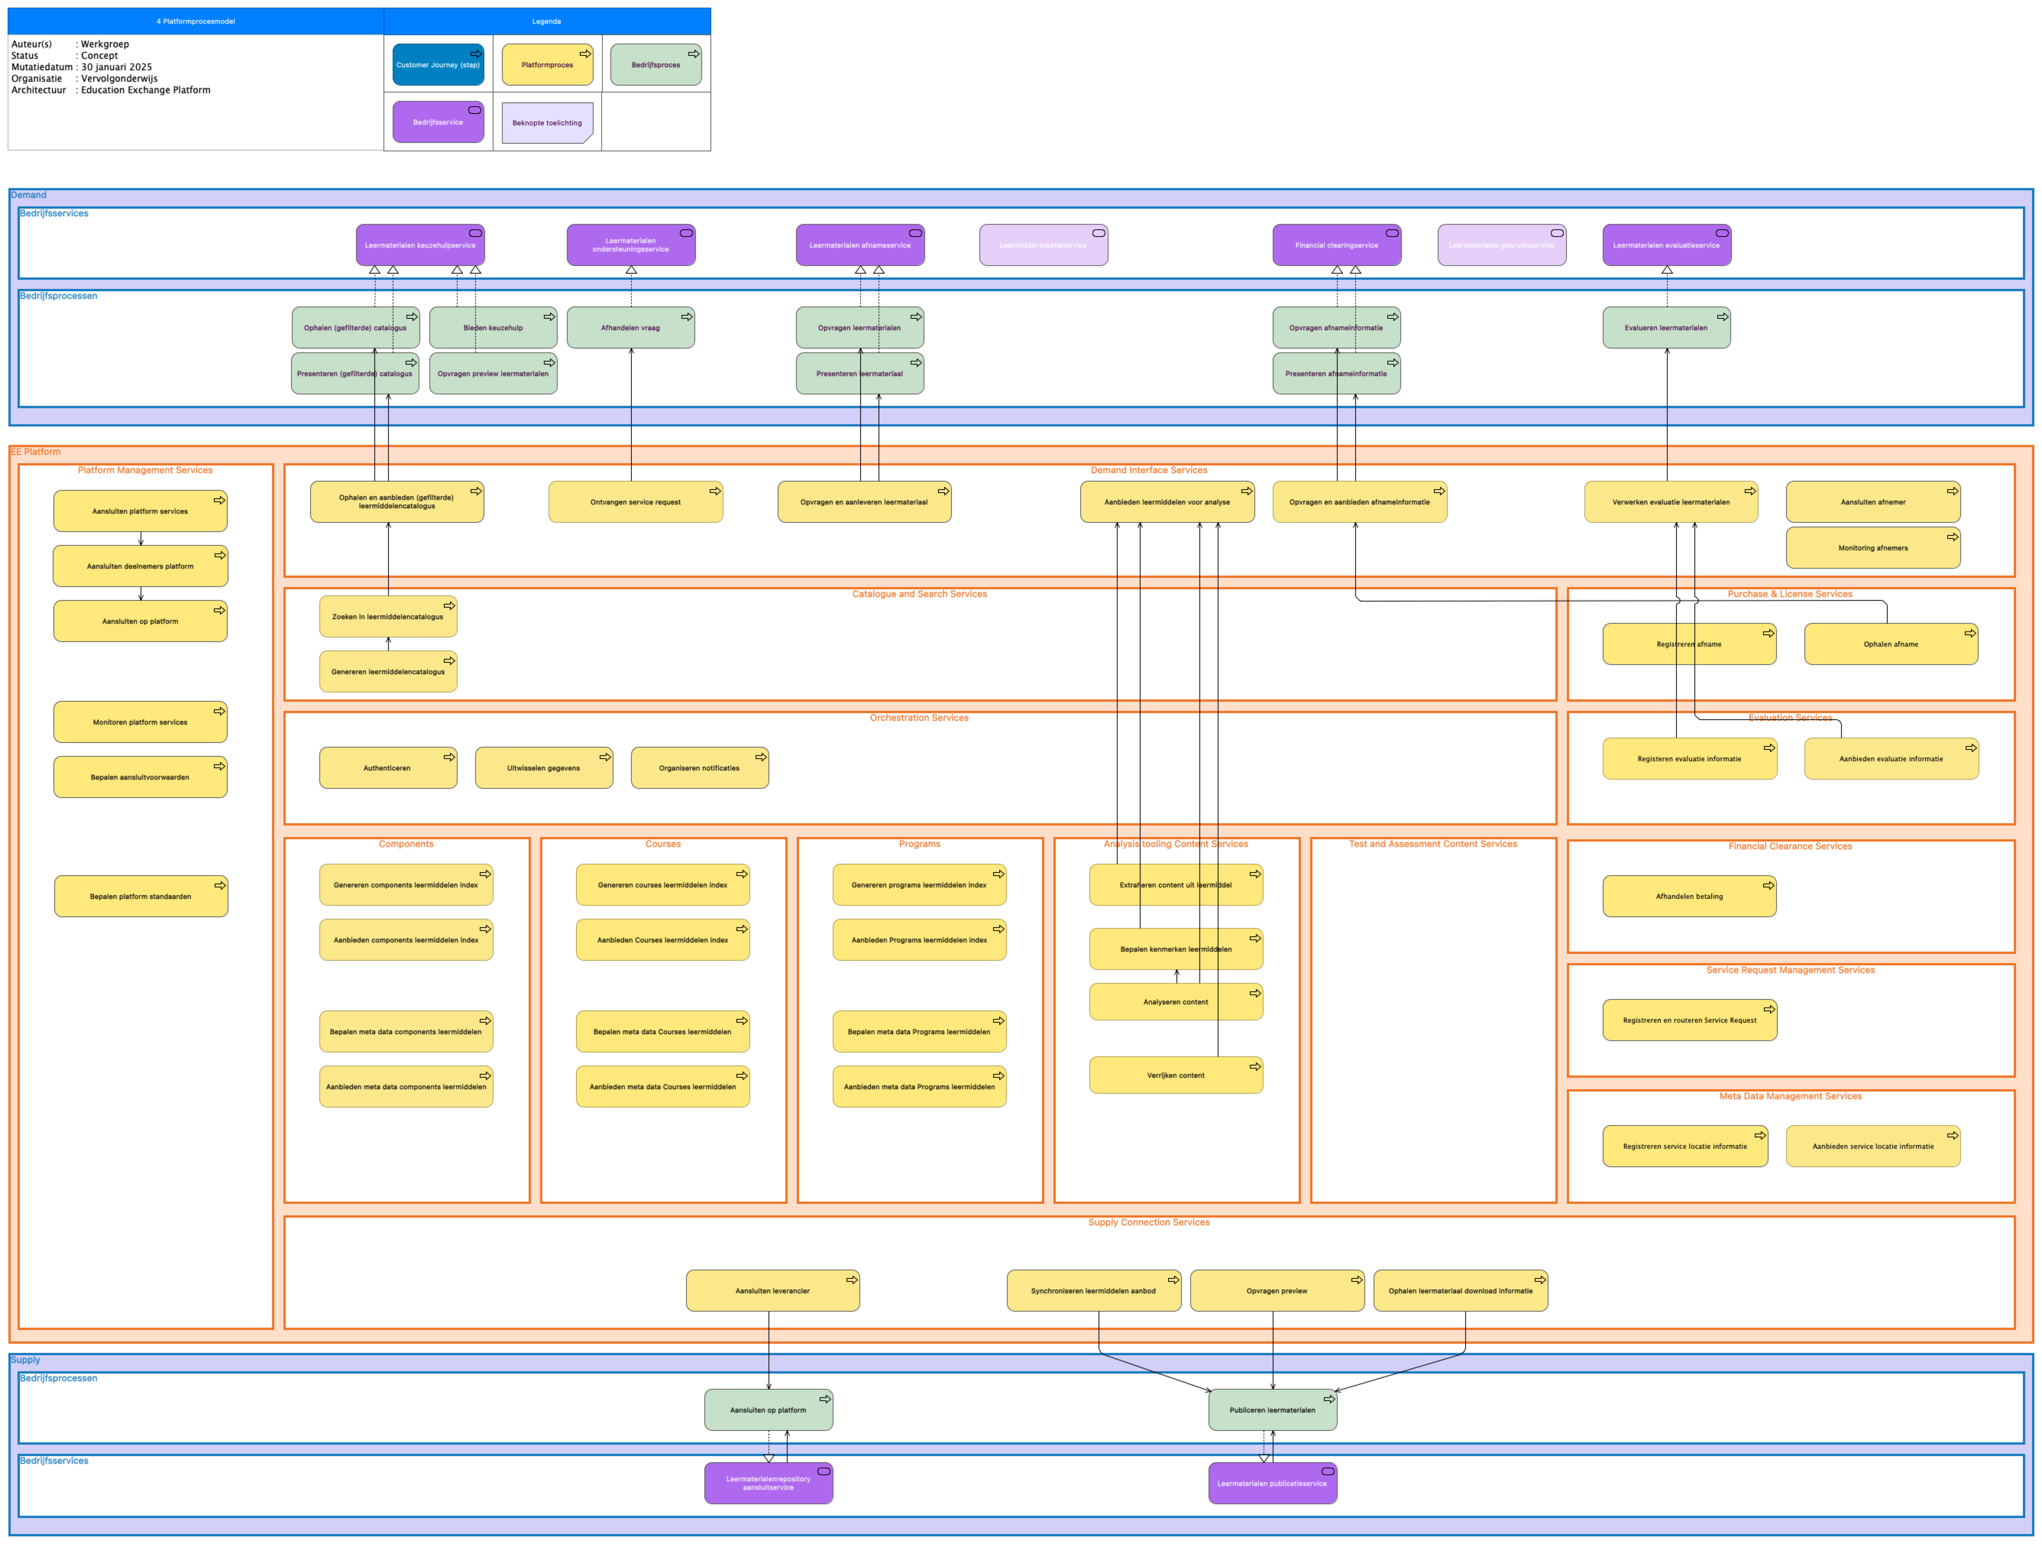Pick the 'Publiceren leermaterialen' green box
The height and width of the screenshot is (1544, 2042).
(x=1272, y=1410)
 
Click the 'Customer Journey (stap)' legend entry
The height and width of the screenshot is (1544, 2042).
(x=438, y=65)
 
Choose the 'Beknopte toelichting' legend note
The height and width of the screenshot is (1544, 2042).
(x=547, y=123)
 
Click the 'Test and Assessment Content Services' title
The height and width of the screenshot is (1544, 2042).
(x=1433, y=844)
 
